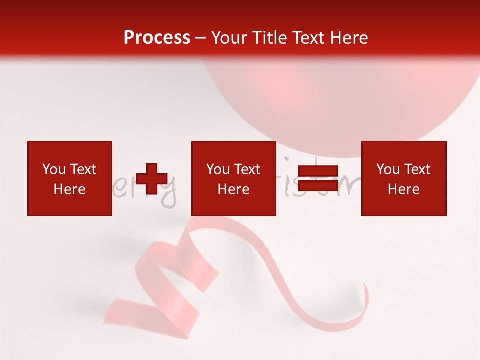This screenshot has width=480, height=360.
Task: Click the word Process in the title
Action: tap(157, 37)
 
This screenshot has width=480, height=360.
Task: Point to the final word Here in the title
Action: tap(348, 38)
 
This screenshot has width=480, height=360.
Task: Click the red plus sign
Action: tap(152, 179)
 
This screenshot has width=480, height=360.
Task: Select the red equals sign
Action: tap(318, 178)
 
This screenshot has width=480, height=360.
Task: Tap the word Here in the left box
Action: tap(69, 189)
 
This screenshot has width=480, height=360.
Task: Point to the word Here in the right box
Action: tap(404, 189)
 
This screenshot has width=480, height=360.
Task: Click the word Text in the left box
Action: tap(83, 169)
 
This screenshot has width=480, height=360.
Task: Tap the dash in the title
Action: tap(201, 38)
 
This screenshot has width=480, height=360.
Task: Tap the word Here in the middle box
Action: tap(234, 189)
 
